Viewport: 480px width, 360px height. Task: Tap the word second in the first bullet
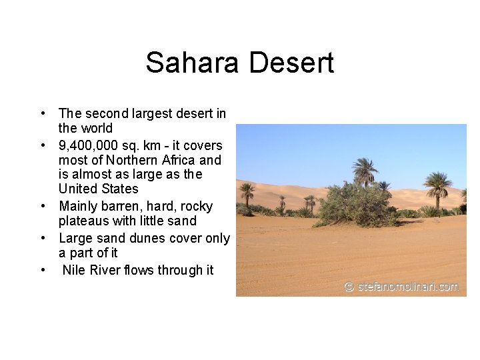(107, 113)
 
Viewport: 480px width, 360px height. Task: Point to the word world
(97, 128)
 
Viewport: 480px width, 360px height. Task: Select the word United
(78, 189)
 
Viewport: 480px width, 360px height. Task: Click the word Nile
(75, 271)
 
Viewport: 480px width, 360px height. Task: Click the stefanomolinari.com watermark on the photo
(401, 287)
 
